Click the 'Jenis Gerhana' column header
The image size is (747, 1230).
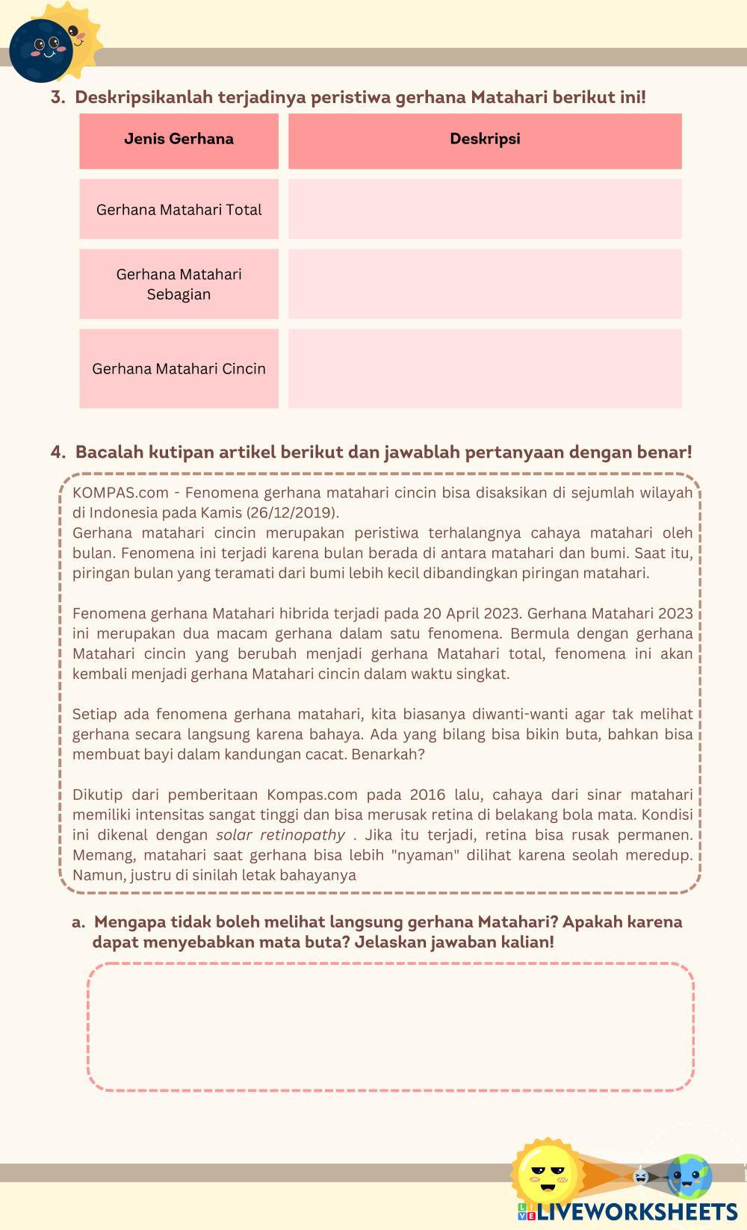point(179,139)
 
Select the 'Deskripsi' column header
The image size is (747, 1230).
point(485,139)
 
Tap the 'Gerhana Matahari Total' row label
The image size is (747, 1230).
point(179,210)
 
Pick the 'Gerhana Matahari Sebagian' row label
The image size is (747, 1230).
point(179,284)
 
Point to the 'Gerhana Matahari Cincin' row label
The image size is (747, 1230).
point(179,369)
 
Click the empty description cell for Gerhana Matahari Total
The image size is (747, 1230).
point(485,209)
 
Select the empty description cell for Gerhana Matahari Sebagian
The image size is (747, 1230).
point(485,284)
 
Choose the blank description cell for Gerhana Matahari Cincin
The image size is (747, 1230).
point(485,369)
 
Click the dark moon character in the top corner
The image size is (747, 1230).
point(40,51)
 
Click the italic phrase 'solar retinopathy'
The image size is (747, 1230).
point(280,835)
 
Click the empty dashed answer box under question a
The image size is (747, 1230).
point(391,1027)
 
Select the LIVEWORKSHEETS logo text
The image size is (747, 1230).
point(636,1211)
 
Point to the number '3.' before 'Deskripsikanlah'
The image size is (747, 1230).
point(58,98)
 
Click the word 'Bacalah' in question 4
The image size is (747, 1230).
point(109,453)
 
